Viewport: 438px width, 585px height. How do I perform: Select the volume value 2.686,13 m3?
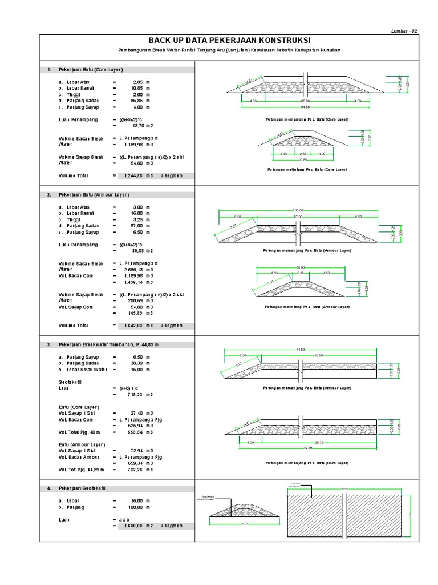(x=139, y=270)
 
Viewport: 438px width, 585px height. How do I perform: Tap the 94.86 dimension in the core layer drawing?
(x=307, y=107)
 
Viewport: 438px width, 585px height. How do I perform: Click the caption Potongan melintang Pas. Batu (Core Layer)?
(x=307, y=170)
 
